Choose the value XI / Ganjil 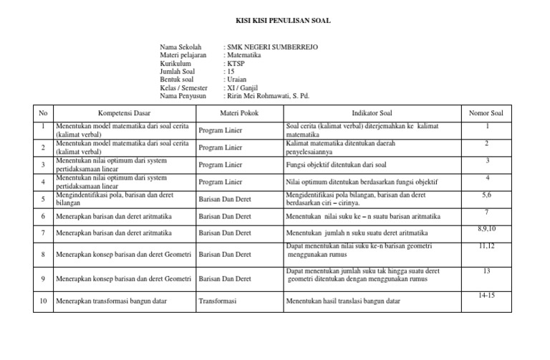pos(243,87)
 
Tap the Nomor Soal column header pos(486,112)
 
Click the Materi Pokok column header pos(239,112)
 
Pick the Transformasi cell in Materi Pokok pos(218,301)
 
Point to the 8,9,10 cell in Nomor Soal pos(486,228)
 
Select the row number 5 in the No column pos(43,198)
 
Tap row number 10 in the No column pos(43,301)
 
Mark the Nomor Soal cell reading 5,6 pos(486,194)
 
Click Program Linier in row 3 pos(220,165)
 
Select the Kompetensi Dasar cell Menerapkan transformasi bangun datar pos(111,301)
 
